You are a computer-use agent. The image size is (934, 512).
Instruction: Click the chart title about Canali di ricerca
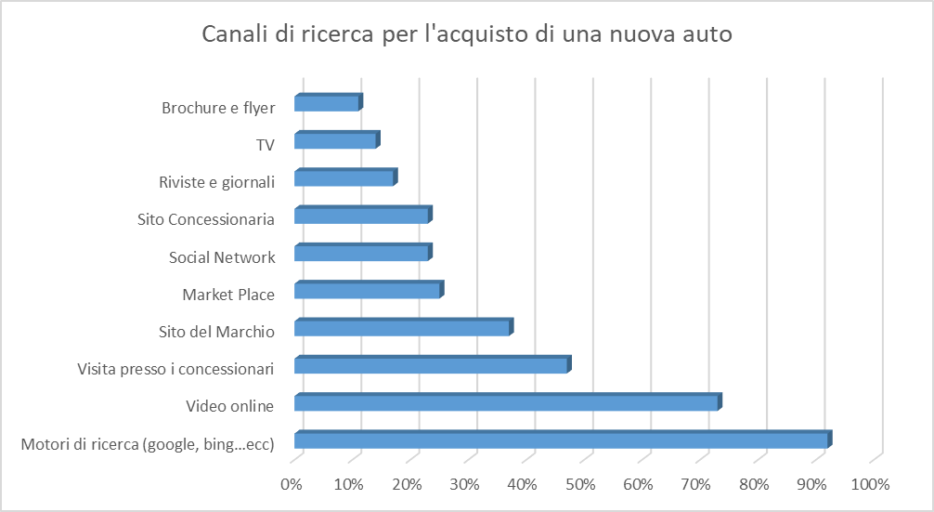click(467, 35)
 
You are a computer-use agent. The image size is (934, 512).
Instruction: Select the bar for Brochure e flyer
click(327, 103)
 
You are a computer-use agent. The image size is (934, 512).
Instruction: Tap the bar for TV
click(335, 141)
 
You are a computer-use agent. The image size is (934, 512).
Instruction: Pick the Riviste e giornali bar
click(344, 178)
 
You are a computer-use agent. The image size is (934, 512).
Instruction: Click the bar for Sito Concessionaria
click(361, 217)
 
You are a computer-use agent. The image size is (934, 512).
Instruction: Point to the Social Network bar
click(361, 254)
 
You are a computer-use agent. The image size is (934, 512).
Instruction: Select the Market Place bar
click(367, 292)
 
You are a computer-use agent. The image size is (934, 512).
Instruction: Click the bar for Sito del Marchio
click(402, 329)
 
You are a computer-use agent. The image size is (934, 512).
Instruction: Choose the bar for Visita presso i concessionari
click(431, 366)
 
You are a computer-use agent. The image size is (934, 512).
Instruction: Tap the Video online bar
click(506, 403)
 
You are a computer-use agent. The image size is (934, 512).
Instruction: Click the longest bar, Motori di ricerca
click(561, 441)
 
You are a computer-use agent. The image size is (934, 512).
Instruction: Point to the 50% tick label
click(579, 484)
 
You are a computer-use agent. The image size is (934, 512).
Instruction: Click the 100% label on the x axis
click(869, 484)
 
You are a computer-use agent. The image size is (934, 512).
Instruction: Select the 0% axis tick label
click(292, 484)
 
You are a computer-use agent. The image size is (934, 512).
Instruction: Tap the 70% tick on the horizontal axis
click(695, 484)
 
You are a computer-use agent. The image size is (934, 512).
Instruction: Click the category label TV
click(266, 145)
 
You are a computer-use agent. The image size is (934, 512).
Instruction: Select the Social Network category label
click(222, 257)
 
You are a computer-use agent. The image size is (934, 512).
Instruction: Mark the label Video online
click(229, 406)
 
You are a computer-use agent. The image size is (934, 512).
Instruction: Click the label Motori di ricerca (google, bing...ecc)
click(147, 444)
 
